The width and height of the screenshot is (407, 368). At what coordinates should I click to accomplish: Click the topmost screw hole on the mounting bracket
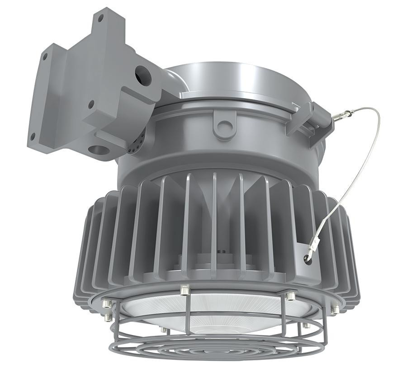[x=100, y=17]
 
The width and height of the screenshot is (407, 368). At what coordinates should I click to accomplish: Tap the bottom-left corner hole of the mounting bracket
[x=33, y=134]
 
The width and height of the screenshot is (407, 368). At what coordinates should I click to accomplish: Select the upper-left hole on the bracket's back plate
[x=44, y=57]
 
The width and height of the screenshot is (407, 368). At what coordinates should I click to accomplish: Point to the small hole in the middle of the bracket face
[x=91, y=104]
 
